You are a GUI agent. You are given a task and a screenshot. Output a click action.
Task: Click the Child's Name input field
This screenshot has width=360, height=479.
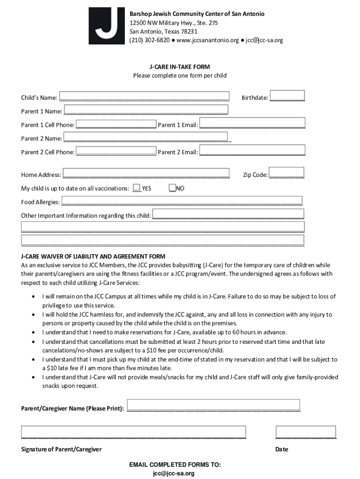(144, 96)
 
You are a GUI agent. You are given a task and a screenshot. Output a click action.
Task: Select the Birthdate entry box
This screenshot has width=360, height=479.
(287, 95)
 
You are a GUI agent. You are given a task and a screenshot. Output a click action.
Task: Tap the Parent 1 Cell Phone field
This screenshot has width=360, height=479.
(116, 124)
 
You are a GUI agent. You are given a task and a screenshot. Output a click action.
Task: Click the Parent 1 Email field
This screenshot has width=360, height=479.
(252, 123)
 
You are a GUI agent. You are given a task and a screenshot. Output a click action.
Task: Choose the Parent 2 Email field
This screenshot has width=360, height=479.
(252, 150)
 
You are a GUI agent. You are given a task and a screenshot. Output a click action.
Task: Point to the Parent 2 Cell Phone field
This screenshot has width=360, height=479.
(116, 151)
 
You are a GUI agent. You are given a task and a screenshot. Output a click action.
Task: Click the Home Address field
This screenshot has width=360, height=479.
(146, 173)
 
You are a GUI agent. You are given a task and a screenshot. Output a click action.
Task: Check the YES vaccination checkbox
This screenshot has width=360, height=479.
(137, 188)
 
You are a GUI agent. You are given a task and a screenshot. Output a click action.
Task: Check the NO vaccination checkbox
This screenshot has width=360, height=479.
(173, 188)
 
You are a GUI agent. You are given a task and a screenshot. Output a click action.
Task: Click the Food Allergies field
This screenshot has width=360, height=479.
(182, 201)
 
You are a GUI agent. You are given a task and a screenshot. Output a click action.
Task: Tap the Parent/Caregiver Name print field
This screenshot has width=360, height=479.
(214, 405)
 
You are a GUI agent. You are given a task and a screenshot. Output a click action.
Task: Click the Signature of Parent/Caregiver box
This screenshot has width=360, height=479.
(133, 432)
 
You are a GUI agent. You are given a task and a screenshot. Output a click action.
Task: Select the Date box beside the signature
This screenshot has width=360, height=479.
(306, 432)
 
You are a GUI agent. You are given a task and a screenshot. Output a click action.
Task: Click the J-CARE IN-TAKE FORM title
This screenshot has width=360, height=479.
(180, 67)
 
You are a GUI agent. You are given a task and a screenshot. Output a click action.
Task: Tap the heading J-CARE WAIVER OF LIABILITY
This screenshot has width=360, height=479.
(93, 257)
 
